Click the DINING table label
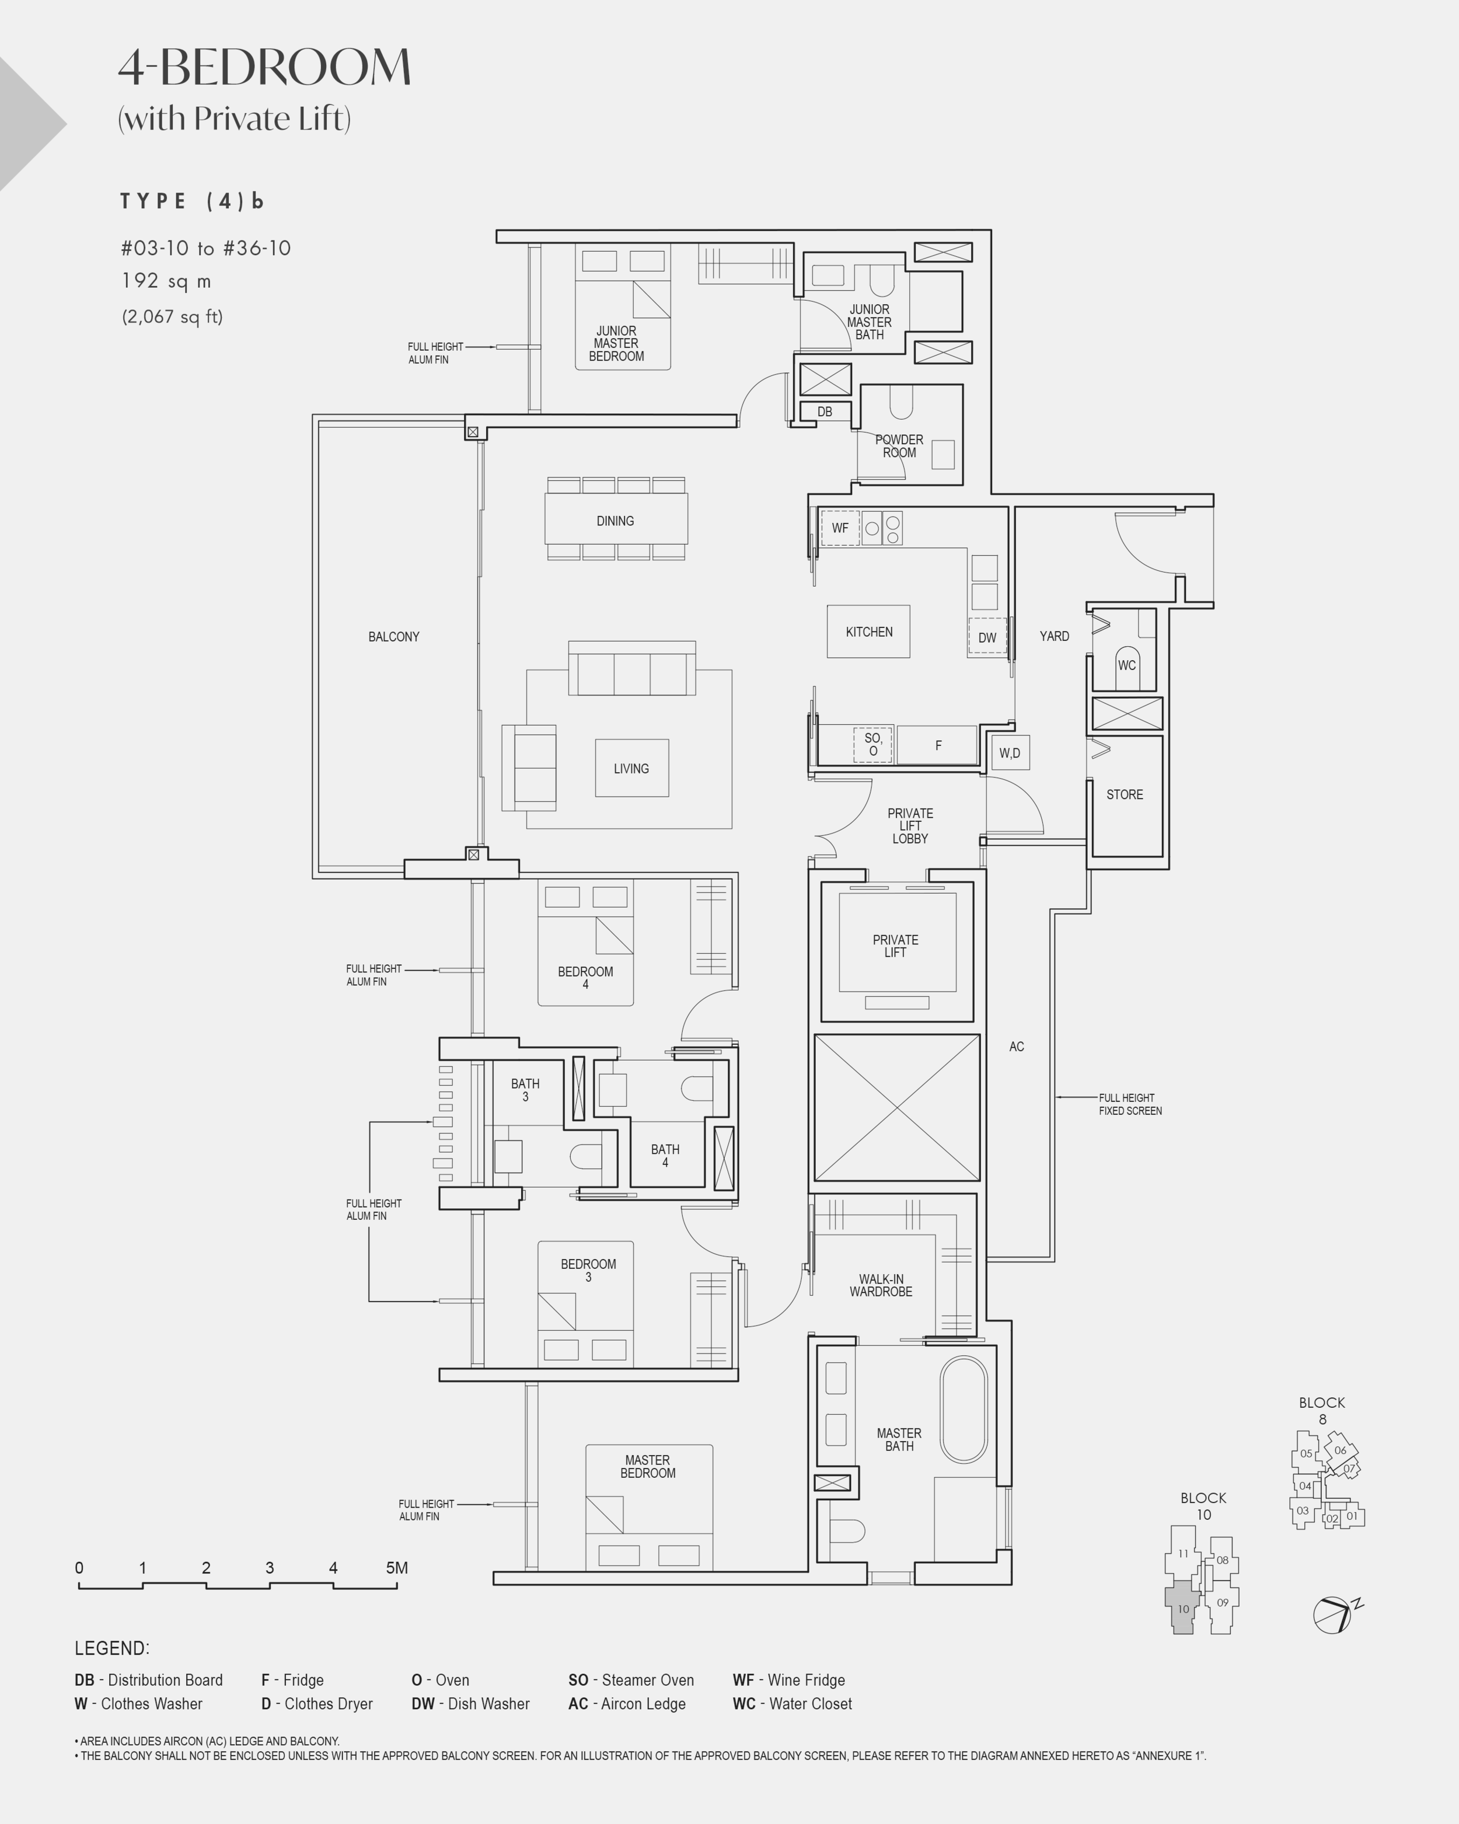(x=615, y=521)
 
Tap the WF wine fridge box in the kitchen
(x=840, y=528)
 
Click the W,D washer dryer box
(x=1010, y=752)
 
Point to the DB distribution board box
(x=825, y=411)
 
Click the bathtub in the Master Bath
(x=964, y=1410)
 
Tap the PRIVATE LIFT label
(x=896, y=946)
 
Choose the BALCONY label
(x=393, y=636)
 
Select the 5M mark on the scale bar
(x=397, y=1568)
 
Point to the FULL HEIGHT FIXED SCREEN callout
(x=1130, y=1104)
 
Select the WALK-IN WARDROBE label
(x=881, y=1285)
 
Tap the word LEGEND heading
(x=111, y=1648)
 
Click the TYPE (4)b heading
(x=192, y=201)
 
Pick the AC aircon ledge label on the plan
(x=1017, y=1047)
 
